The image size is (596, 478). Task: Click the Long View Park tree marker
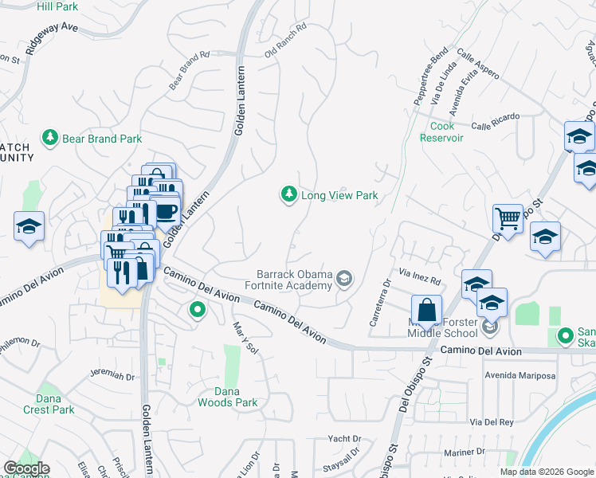point(288,194)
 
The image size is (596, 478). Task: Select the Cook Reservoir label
point(441,131)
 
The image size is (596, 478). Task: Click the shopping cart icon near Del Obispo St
point(508,217)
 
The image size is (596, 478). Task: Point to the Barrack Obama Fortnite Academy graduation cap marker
point(344,278)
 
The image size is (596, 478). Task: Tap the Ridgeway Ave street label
point(52,38)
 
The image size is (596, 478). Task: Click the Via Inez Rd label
point(420,278)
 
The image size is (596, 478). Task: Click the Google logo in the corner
point(25,468)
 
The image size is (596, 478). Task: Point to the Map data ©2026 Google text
point(547,472)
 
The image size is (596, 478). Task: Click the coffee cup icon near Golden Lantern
point(167,211)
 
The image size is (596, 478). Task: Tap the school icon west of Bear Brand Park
point(29,226)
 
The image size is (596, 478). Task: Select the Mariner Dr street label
point(484,452)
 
